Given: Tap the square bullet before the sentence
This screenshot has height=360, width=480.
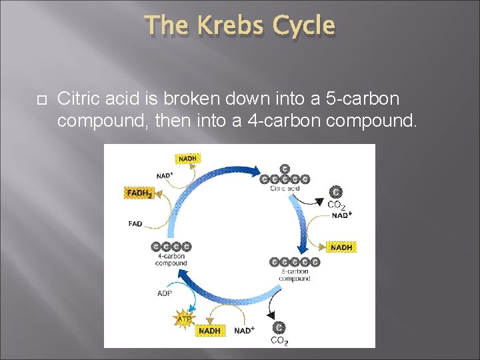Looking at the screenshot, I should tap(40, 99).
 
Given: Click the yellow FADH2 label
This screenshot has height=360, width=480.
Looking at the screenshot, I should tap(140, 193).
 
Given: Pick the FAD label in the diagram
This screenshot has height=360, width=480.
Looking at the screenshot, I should tap(135, 224).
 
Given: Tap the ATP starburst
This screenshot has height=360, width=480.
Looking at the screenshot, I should tap(185, 319).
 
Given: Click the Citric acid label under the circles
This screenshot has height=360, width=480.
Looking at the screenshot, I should tap(285, 189).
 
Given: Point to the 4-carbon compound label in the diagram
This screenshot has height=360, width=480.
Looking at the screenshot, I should tap(171, 259).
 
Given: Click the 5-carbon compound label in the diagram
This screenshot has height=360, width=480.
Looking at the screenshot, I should tap(294, 275).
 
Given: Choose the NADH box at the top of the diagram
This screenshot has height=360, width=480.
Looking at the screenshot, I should tap(187, 159).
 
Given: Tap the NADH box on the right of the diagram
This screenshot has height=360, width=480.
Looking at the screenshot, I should tap(341, 247).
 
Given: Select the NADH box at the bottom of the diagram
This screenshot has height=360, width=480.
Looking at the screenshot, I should tap(210, 331).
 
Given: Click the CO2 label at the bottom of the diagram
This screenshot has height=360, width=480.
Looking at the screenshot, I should tap(279, 341).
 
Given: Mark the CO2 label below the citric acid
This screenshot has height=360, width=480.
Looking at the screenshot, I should tap(336, 205).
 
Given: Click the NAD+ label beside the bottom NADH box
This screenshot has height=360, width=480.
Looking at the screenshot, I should tap(244, 331).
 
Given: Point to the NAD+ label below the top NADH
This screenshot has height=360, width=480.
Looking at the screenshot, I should tap(165, 175).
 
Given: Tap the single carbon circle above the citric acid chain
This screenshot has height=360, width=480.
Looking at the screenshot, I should tap(285, 169).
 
